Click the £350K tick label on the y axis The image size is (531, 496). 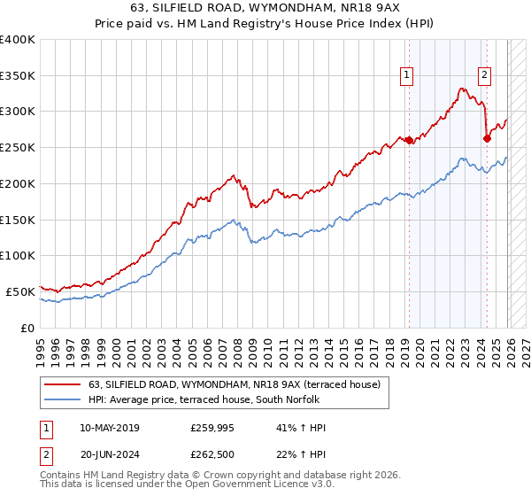click(18, 75)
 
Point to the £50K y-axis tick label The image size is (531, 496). click(20, 291)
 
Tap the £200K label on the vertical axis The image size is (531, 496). click(18, 183)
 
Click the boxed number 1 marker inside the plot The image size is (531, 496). click(407, 75)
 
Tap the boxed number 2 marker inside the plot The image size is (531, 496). click(485, 75)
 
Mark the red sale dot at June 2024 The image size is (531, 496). click(487, 138)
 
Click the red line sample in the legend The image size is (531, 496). click(63, 384)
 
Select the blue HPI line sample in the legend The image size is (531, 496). click(63, 399)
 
